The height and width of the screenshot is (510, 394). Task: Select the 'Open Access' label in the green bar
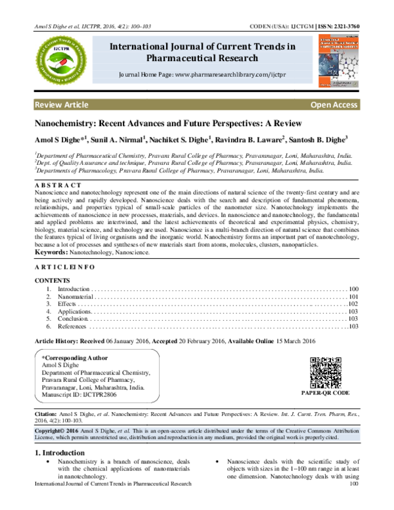coord(334,105)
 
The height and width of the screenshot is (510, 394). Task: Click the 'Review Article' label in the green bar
coord(62,105)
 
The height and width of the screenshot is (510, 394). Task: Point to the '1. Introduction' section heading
coord(58,453)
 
